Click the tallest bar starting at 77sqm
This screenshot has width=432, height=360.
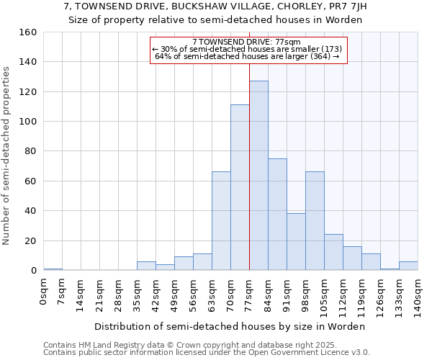[258, 176]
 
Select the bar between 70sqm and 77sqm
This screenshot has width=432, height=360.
[240, 187]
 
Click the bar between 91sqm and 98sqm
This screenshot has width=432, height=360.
[296, 242]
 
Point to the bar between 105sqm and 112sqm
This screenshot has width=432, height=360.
[333, 252]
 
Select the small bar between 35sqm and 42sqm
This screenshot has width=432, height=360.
[146, 266]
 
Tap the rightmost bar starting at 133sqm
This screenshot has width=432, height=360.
[408, 266]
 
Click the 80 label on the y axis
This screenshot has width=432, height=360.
[30, 151]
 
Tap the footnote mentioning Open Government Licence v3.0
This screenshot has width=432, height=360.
[207, 352]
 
